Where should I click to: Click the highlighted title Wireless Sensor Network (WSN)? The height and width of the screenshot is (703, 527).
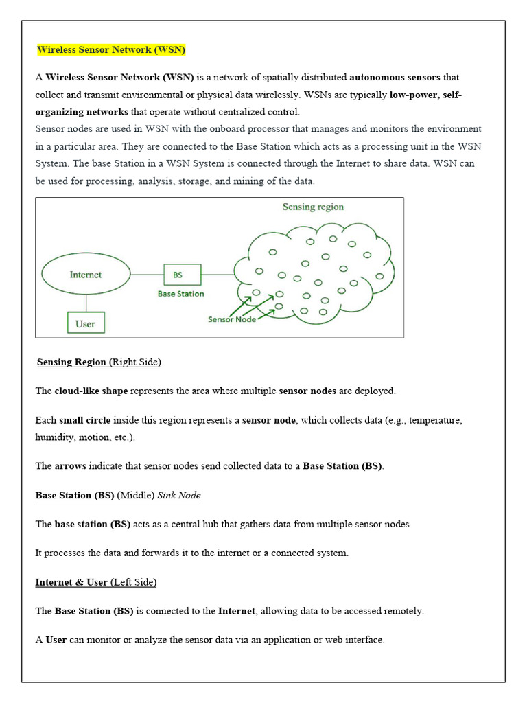point(111,50)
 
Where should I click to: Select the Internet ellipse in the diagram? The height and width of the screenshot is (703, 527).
point(86,275)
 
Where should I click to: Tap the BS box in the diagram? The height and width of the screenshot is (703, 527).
point(182,275)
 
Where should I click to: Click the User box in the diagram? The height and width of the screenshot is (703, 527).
point(86,323)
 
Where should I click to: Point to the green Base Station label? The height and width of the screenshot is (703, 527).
point(181,294)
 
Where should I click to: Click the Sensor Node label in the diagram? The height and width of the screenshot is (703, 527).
point(232,319)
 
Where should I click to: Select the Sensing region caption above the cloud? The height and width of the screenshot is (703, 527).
point(314,207)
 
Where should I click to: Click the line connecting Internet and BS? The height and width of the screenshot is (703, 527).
point(146,275)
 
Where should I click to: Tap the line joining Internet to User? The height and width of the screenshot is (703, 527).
point(86,303)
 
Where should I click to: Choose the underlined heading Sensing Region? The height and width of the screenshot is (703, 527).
point(71,362)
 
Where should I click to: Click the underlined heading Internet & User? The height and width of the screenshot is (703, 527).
point(71,582)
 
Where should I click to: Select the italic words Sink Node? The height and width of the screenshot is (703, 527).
point(179,495)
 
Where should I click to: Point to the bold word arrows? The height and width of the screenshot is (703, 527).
point(71,466)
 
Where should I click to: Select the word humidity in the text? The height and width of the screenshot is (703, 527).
point(54,437)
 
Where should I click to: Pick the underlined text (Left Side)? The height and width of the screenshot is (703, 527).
point(134,582)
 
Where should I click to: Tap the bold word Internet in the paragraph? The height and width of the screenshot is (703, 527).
point(237,611)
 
